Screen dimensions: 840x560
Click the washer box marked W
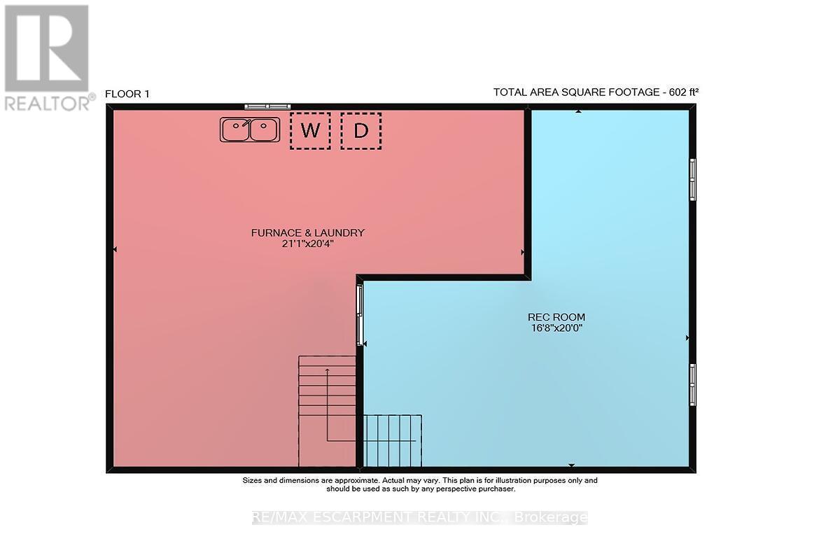click(310, 131)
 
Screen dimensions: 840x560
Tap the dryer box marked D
click(361, 131)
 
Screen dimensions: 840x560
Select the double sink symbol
click(250, 129)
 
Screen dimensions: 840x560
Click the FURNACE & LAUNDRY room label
click(307, 233)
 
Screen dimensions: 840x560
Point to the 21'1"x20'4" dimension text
click(307, 244)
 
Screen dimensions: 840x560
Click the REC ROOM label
click(556, 317)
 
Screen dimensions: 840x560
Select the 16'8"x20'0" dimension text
click(556, 328)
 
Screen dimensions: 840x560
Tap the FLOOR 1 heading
click(127, 94)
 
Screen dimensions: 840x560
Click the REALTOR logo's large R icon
click(46, 48)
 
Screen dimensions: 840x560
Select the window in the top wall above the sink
click(267, 107)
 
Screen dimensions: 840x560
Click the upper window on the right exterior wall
click(692, 180)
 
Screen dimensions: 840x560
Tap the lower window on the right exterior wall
click(692, 385)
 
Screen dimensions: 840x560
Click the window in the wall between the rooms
click(360, 315)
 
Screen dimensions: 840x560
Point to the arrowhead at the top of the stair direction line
click(328, 370)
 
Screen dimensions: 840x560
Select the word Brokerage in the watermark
click(550, 517)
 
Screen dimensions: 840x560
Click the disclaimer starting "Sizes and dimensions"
click(420, 484)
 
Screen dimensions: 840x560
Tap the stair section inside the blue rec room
click(393, 441)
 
